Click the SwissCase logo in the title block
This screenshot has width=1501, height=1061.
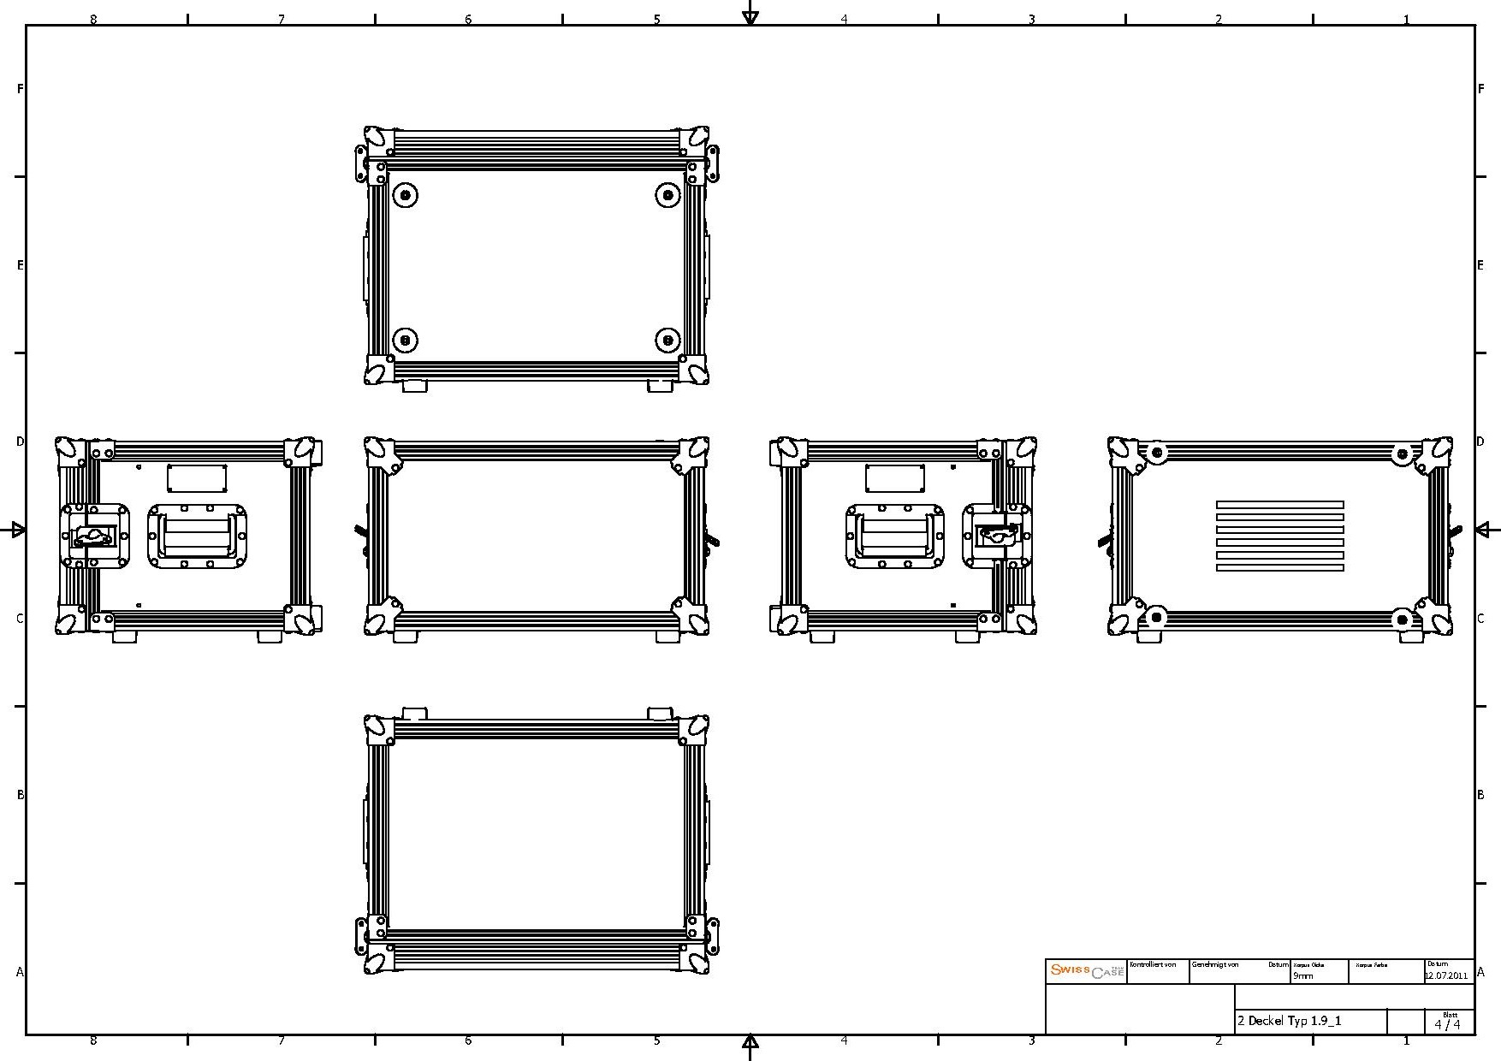[x=1086, y=971]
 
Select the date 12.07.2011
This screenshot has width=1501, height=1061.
[x=1445, y=975]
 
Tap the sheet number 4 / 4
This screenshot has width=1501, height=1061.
[x=1447, y=1024]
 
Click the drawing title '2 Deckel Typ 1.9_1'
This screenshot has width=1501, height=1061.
[x=1289, y=1021]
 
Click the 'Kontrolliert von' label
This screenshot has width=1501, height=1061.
[x=1153, y=964]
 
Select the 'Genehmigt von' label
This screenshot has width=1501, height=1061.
[x=1214, y=964]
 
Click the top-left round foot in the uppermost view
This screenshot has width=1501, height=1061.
[x=406, y=196]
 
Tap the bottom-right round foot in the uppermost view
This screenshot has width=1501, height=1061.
[x=667, y=340]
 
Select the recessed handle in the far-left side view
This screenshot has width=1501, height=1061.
[x=197, y=536]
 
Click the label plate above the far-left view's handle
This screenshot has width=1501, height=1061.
[x=197, y=478]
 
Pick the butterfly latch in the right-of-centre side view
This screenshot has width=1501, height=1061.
[x=998, y=536]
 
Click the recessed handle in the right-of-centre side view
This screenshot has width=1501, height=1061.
[x=895, y=536]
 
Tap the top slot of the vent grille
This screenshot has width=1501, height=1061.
[x=1279, y=505]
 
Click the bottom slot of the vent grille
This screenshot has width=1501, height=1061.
[x=1279, y=567]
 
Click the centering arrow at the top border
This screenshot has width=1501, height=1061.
[x=750, y=15]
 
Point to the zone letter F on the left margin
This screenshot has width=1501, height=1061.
[x=20, y=88]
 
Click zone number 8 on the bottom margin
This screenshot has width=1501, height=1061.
[x=93, y=1041]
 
